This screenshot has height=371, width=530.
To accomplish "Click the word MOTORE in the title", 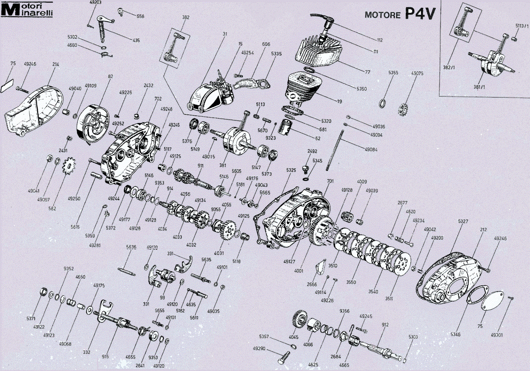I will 382,15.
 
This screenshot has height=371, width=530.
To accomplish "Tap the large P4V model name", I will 420,13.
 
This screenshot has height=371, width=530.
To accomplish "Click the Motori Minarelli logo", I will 27,9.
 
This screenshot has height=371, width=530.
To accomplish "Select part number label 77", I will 367,72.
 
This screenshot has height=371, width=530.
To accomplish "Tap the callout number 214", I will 56,64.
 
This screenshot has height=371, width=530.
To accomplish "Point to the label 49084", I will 371,150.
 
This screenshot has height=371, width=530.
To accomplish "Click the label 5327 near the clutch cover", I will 463,221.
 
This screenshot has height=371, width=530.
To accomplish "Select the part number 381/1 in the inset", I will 479,87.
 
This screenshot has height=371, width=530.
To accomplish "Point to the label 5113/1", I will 522,26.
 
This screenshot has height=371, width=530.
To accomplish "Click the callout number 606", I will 266,44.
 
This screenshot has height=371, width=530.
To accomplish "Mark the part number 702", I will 158,99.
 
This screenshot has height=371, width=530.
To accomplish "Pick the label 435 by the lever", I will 136,40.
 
